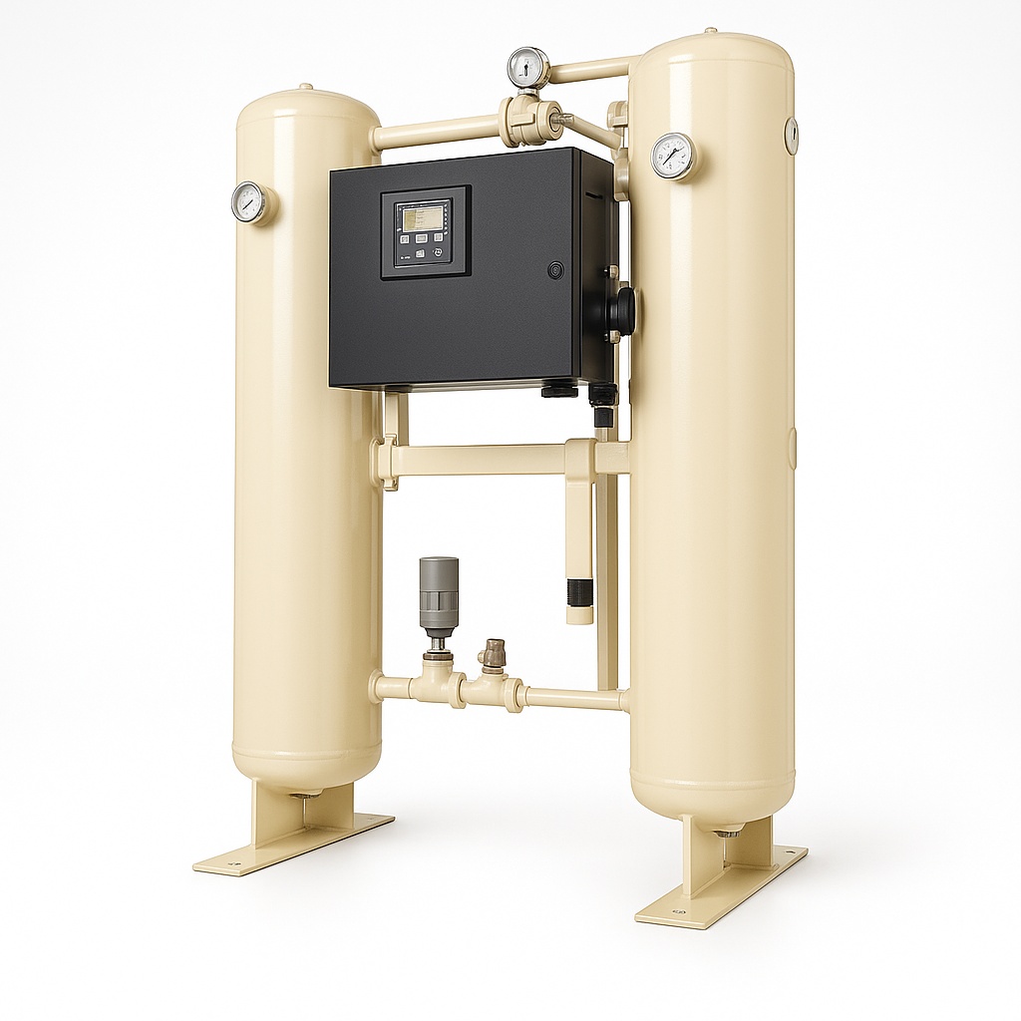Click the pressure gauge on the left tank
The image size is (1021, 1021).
tap(249, 201)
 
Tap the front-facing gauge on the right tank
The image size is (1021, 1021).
tap(674, 157)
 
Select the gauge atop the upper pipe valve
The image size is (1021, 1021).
tap(527, 68)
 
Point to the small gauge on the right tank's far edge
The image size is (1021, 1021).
tap(791, 136)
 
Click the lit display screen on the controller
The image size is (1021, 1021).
tap(424, 217)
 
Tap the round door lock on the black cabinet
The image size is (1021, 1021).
tap(554, 269)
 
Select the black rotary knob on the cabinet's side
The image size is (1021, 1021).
tap(622, 310)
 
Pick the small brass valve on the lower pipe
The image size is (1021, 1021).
tap(492, 655)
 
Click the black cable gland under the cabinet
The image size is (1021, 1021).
tap(559, 390)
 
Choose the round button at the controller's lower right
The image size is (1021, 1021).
tap(437, 255)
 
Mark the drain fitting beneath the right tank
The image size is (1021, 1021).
tap(728, 830)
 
